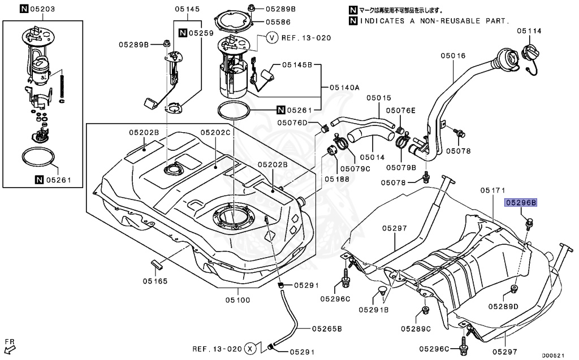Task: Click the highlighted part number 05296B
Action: click(521, 202)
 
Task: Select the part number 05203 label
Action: click(43, 9)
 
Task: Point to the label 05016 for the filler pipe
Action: click(453, 55)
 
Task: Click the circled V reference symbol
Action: click(272, 38)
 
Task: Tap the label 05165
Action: click(155, 280)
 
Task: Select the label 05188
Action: click(337, 178)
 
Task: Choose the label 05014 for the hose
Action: click(372, 157)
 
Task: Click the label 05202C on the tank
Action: click(215, 132)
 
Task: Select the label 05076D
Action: click(292, 123)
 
